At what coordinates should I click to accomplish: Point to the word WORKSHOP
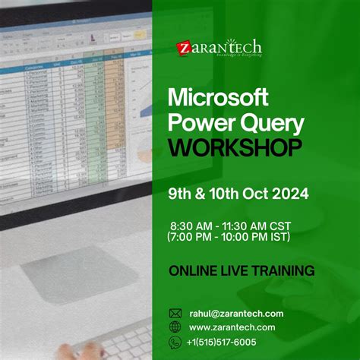(234, 147)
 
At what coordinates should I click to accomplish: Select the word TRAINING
(281, 270)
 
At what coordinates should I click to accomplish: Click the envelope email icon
(175, 313)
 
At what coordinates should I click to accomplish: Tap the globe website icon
(175, 327)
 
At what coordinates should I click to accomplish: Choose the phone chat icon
(175, 342)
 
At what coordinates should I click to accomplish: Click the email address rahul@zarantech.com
(236, 313)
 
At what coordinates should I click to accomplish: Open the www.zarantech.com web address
(232, 327)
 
